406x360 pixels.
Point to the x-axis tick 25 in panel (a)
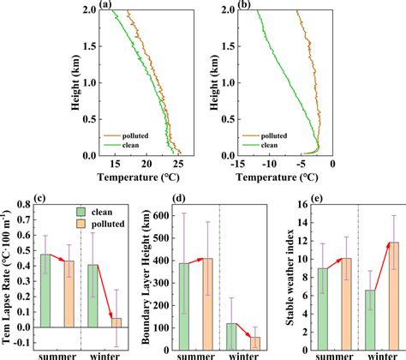click(177, 168)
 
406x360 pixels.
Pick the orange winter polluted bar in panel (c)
click(116, 322)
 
